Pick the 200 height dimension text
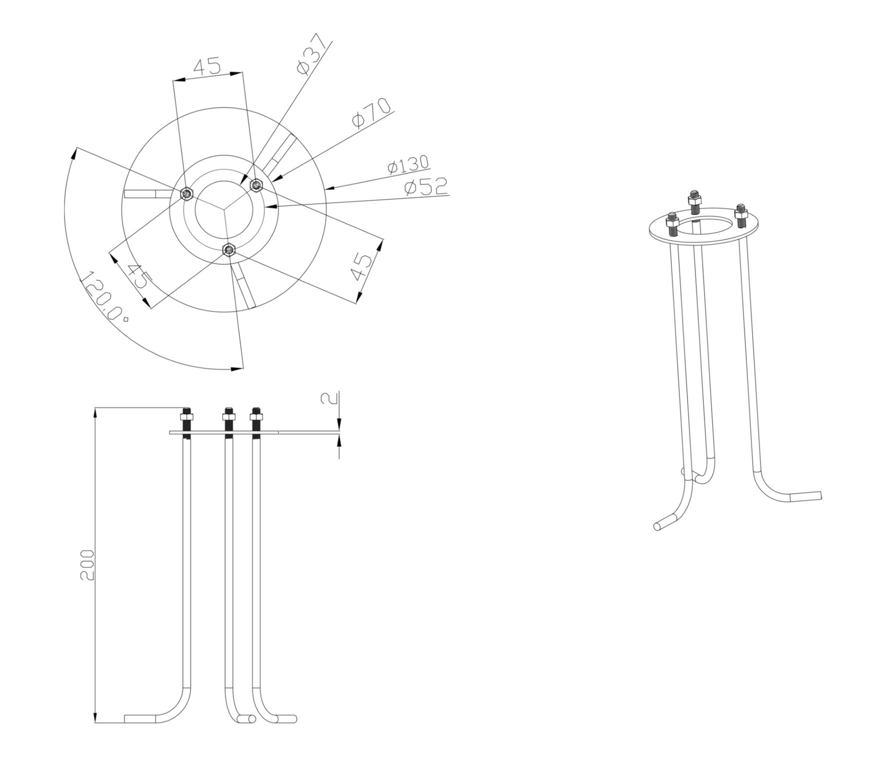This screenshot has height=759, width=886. pos(87,565)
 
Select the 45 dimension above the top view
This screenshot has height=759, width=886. pos(207,66)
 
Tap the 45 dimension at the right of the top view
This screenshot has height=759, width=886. pos(362,267)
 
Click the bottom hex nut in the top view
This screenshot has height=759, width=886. pos(229,250)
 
